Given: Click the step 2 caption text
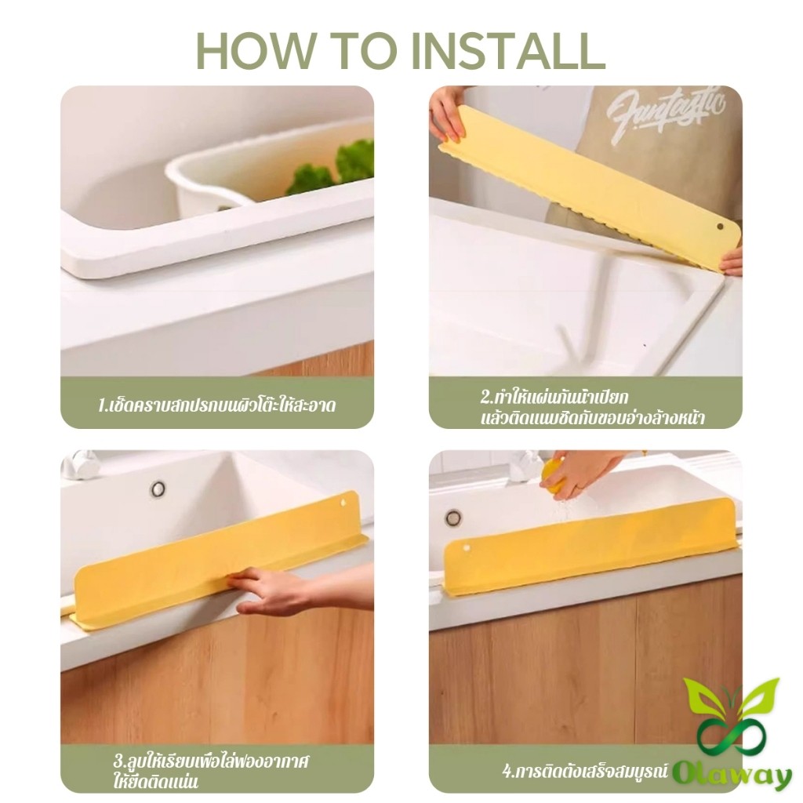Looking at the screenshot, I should pos(592,406).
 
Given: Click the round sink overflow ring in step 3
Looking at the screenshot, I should pos(158,489).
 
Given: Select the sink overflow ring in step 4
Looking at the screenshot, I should pos(452,518).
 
